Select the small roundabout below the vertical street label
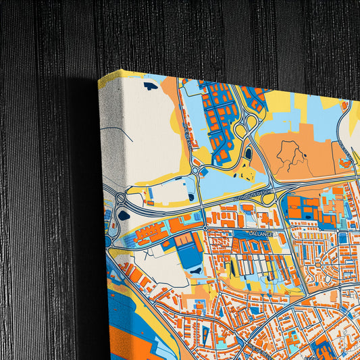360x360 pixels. (x=195, y=171)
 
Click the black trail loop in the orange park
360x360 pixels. (x=289, y=154)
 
